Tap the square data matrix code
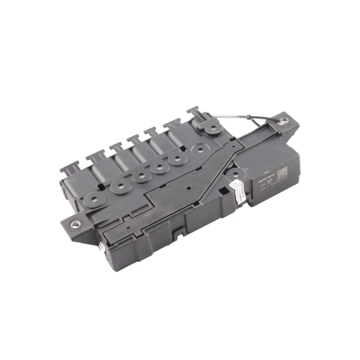pyautogui.click(x=282, y=172)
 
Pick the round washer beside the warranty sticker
pyautogui.click(x=236, y=173)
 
